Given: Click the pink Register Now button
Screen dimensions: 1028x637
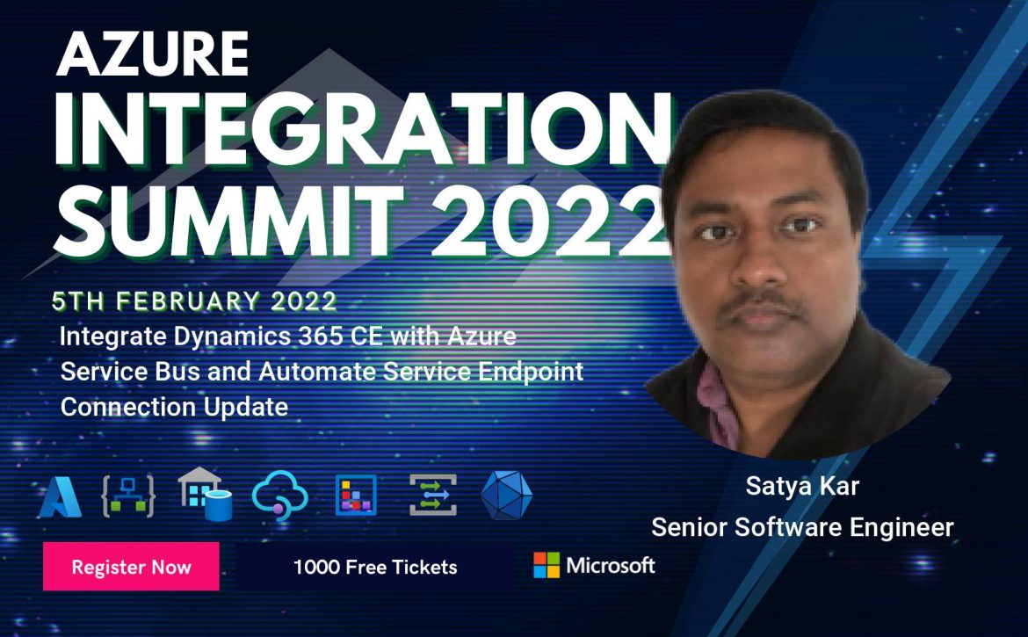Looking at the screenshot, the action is pos(131,566).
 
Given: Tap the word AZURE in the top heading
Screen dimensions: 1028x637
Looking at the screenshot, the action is pos(153,54).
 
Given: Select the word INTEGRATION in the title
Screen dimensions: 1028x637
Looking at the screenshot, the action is pos(363,130).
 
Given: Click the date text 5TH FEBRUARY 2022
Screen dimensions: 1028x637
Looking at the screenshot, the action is pos(195,300).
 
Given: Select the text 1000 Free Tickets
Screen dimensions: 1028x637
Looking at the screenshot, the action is pos(375,567).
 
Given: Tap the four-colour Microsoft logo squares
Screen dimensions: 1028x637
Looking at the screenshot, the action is pos(547,565).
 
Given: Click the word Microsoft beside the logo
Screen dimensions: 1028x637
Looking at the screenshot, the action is pos(611,565).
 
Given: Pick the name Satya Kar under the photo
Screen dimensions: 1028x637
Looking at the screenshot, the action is pos(802,486).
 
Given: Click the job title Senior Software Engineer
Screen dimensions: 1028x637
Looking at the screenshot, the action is pos(802,527).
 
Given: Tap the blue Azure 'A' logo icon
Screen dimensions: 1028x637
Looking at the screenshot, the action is pos(61,496).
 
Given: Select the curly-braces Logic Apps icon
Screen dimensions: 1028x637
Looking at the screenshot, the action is pos(128,496).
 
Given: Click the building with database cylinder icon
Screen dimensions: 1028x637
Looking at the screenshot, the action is pos(206,494).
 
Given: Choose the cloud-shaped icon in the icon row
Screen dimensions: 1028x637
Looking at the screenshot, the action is pos(280,495).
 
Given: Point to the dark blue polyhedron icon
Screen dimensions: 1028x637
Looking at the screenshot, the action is pos(506,496).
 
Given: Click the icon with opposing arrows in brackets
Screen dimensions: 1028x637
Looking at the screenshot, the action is pos(432,496).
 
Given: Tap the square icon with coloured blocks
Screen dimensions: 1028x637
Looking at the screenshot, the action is pos(356,496).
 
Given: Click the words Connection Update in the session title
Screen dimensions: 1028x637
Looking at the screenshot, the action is pos(174,407).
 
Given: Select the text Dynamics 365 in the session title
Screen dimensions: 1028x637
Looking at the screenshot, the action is pos(258,337).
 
